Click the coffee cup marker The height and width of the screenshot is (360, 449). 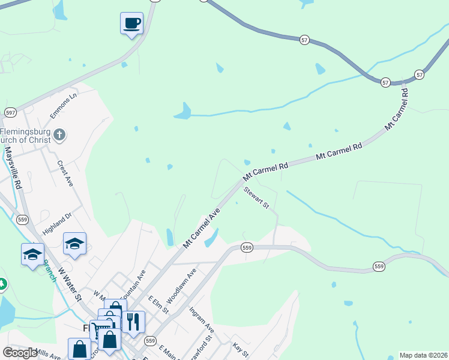tap(131, 24)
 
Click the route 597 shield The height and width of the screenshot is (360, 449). tap(10, 112)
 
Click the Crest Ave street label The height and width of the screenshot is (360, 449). tap(65, 173)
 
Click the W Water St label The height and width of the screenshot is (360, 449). tap(70, 284)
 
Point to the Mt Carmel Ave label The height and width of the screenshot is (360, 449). tap(202, 228)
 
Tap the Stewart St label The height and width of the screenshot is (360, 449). tap(257, 199)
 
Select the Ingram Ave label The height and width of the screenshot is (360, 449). tap(201, 320)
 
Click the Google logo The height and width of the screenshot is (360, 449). tap(20, 353)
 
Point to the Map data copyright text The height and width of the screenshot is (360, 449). tap(423, 355)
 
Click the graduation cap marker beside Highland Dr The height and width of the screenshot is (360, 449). tap(74, 244)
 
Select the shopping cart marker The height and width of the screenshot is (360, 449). tap(101, 331)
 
